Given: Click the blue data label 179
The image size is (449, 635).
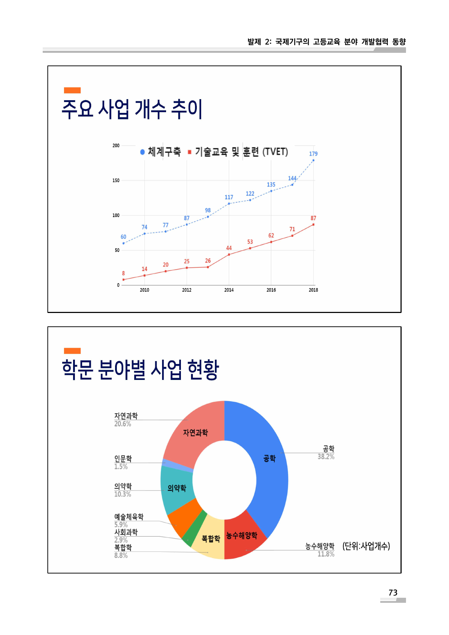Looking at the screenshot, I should click(x=313, y=154).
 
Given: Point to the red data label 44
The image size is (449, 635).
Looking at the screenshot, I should click(x=229, y=248).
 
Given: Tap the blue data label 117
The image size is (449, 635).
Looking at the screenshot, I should click(x=229, y=197).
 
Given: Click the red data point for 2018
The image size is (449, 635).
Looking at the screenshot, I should click(x=313, y=225).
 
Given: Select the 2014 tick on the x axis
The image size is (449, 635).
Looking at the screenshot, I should click(x=229, y=290).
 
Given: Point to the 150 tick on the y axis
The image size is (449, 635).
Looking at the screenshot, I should click(x=116, y=180).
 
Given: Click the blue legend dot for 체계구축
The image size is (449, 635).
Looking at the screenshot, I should click(x=143, y=152).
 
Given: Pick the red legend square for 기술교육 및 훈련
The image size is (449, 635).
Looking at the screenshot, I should click(x=189, y=152).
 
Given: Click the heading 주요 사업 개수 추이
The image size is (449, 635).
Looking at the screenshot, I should click(x=132, y=109).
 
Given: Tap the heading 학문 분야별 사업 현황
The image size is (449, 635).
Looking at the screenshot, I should click(x=140, y=370).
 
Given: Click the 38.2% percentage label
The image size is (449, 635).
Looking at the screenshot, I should click(x=326, y=457).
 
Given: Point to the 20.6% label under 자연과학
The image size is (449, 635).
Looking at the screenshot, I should click(x=123, y=424).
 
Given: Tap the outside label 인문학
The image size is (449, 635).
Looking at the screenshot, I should click(x=123, y=458).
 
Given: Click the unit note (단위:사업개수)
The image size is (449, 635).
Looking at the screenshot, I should click(x=366, y=546).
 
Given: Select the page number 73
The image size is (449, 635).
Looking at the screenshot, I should click(x=393, y=593).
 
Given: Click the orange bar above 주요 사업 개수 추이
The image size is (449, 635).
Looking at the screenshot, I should click(x=72, y=90).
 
